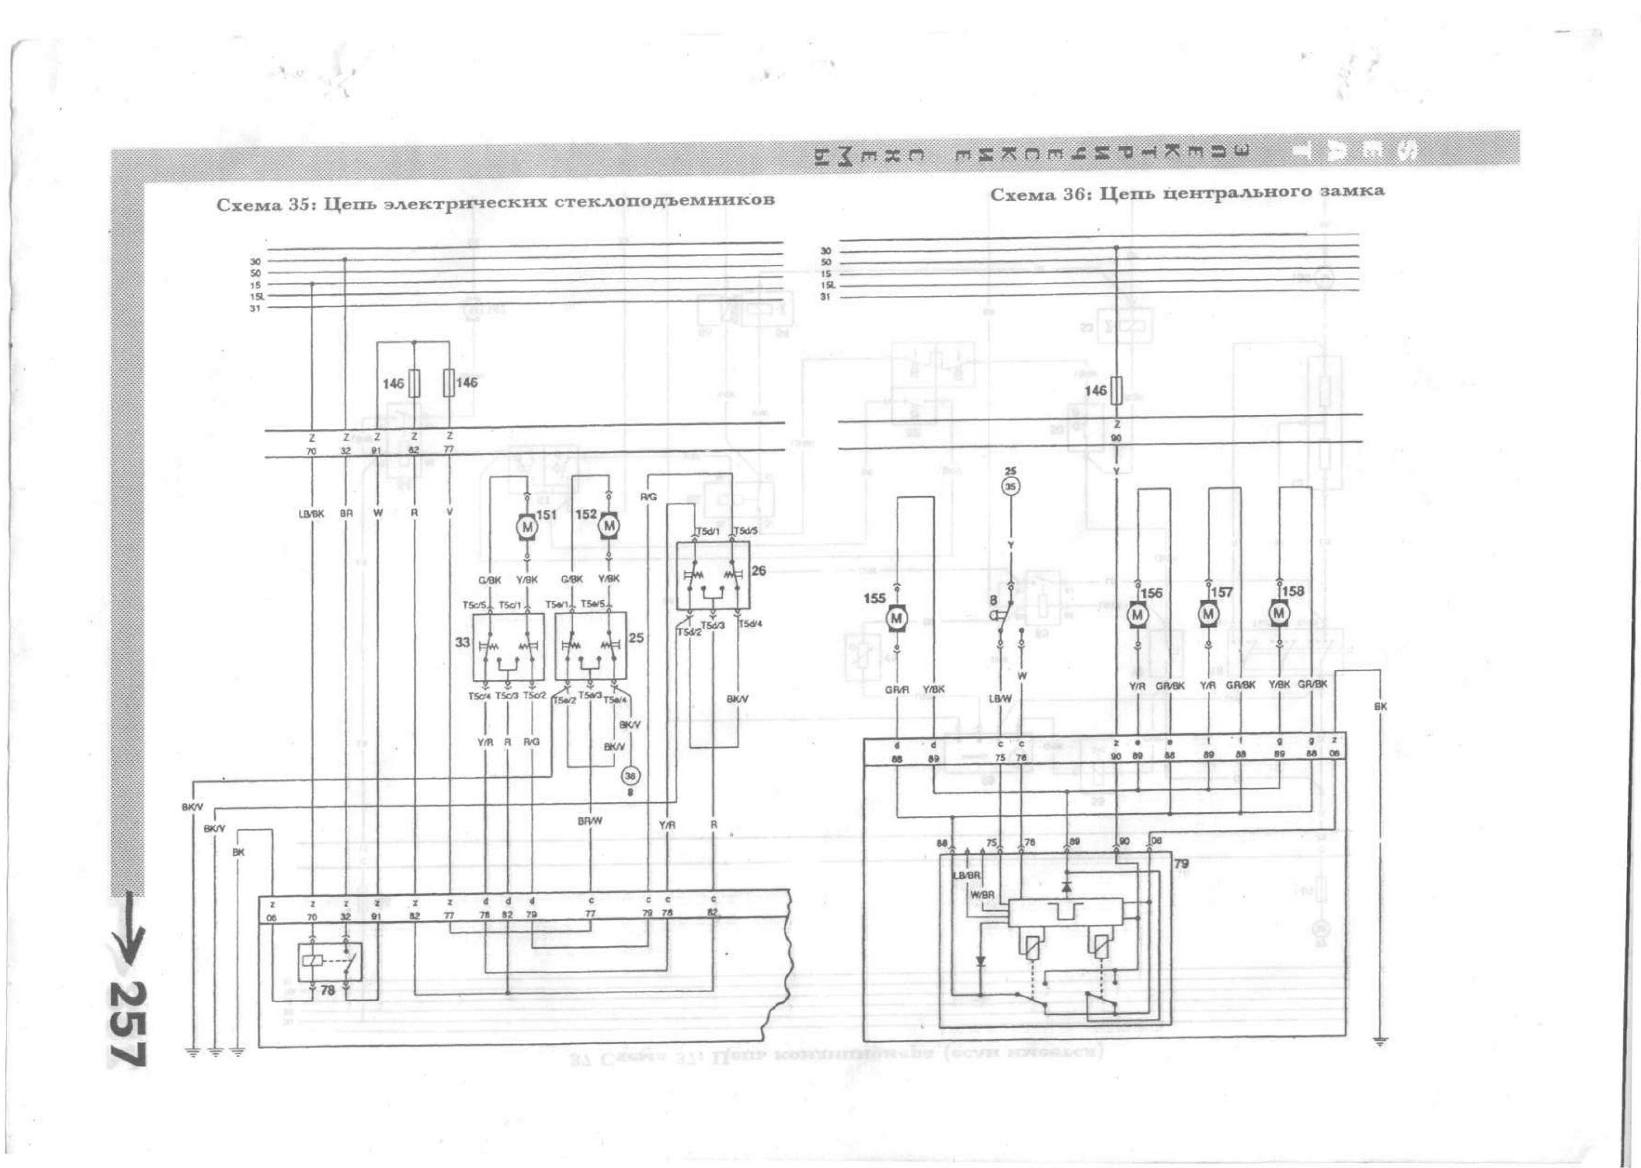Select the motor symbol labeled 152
pos(610,525)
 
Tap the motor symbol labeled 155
pos(897,617)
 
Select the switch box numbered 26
pos(713,575)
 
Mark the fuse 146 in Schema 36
pos(1117,391)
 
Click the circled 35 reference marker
pos(1010,487)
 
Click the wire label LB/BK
pos(311,514)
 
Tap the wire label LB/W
pos(1000,698)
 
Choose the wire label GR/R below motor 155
pos(897,690)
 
